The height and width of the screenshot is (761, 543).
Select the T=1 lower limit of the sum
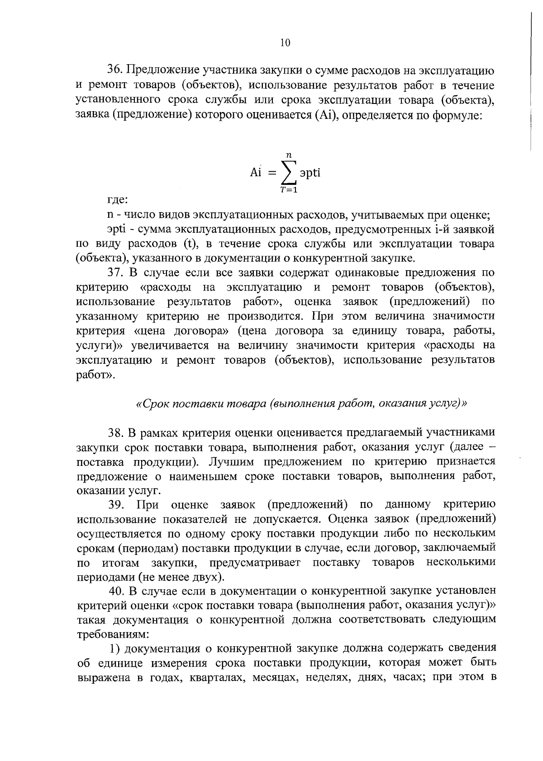click(289, 190)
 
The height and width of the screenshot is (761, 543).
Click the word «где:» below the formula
click(117, 200)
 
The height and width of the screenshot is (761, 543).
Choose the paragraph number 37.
click(115, 273)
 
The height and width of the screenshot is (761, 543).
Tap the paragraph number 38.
click(116, 433)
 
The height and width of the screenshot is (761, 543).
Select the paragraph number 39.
click(116, 504)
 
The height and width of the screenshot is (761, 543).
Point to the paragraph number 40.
click(116, 590)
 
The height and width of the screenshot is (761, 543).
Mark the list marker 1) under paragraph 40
click(115, 649)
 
